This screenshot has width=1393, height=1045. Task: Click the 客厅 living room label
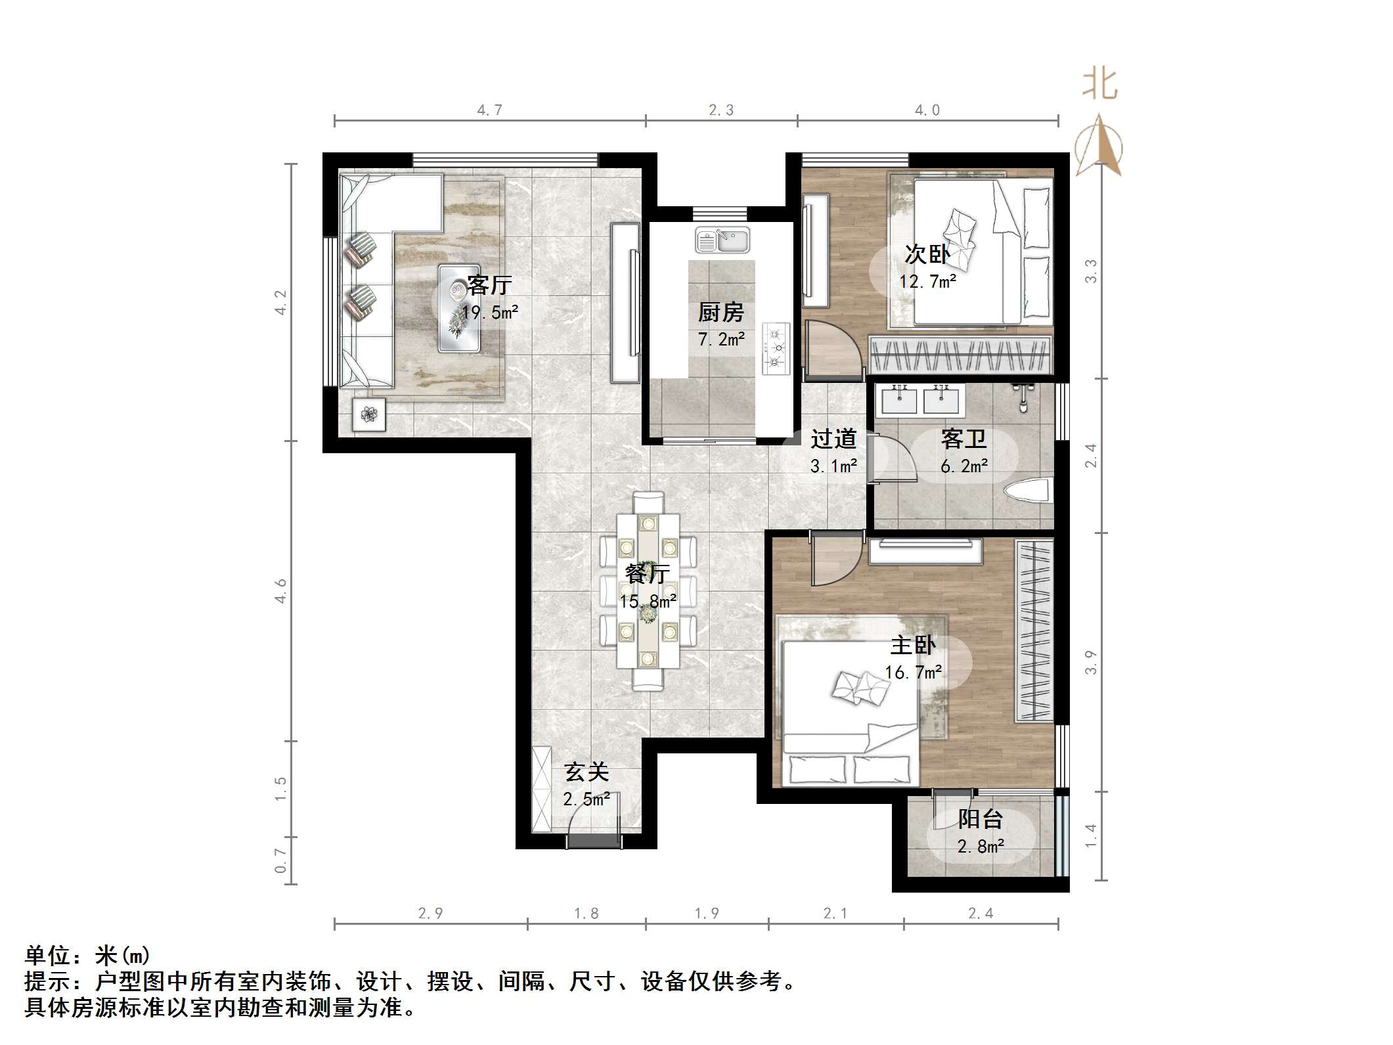489,285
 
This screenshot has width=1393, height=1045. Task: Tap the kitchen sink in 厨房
722,240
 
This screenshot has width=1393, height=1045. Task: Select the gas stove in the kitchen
776,349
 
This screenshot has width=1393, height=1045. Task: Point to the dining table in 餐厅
648,589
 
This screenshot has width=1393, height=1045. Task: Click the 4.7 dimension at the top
489,110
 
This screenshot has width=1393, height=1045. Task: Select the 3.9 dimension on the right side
1090,662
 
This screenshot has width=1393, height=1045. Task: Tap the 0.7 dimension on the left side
281,860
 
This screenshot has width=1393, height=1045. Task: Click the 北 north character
1100,85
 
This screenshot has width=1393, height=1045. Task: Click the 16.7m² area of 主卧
913,673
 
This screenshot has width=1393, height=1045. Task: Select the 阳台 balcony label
980,819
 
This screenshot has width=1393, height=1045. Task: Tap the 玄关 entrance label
586,772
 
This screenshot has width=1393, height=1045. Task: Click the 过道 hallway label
833,439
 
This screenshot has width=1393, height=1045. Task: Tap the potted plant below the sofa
369,414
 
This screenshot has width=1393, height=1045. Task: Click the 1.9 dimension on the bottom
707,914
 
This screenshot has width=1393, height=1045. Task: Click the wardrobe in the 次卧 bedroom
960,355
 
